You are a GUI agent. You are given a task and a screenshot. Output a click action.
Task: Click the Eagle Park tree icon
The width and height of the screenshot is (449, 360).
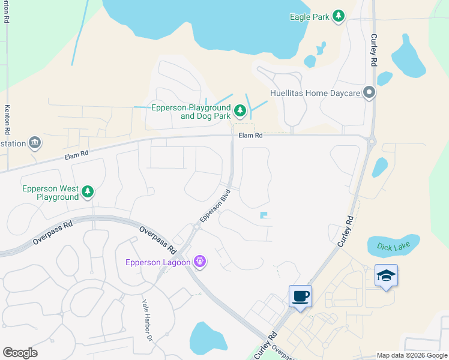tap(339, 16)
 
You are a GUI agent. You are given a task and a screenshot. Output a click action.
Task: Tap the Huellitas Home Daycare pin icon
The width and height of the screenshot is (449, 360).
tap(369, 93)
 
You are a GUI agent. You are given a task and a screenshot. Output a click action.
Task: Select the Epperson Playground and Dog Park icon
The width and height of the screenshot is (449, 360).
tap(240, 110)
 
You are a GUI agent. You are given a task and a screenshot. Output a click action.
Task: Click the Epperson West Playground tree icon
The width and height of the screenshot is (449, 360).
tap(88, 192)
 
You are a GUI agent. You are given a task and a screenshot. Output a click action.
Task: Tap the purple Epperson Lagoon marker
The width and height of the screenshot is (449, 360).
tap(200, 262)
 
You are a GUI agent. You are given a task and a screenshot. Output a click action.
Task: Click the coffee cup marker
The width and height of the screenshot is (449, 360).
tap(300, 296)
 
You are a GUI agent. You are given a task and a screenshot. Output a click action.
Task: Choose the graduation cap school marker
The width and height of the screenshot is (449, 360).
tap(386, 275)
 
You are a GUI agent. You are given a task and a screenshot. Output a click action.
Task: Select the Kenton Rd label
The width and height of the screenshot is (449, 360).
tap(7, 119)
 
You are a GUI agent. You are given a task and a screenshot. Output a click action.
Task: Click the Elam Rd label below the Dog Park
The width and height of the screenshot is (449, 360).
tap(251, 136)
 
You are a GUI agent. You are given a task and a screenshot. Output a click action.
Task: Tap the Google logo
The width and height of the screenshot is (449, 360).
tap(20, 353)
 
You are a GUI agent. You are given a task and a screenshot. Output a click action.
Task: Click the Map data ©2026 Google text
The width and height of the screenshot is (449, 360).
tap(411, 355)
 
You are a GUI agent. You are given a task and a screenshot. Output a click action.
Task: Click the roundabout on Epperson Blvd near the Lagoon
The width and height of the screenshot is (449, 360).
tap(196, 227)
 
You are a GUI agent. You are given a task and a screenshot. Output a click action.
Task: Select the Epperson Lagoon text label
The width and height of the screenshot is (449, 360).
tap(158, 262)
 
